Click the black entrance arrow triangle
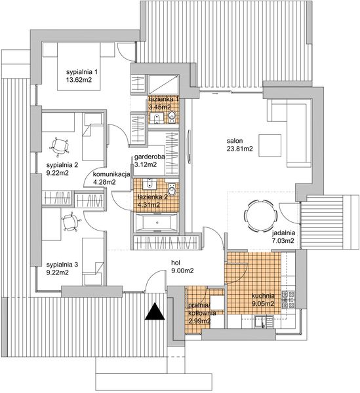pyautogui.click(x=154, y=311)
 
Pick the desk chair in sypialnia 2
pyautogui.click(x=62, y=145)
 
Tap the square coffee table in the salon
pyautogui.click(x=270, y=143)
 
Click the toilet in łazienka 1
pyautogui.click(x=172, y=117)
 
